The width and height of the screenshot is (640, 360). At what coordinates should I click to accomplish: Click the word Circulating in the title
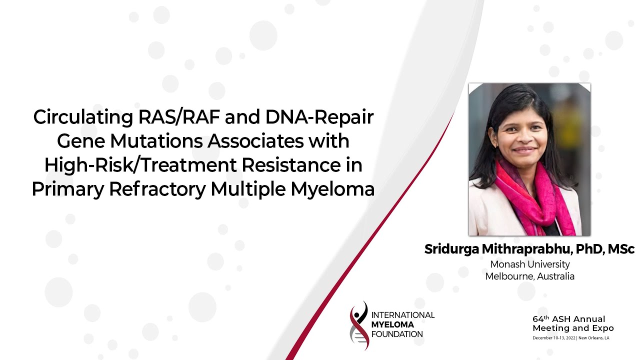[x=83, y=117]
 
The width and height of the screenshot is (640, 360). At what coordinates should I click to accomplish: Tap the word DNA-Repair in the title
[x=319, y=117]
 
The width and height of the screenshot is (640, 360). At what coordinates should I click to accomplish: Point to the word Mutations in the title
[x=156, y=141]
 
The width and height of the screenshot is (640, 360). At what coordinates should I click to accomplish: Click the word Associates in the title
[x=255, y=141]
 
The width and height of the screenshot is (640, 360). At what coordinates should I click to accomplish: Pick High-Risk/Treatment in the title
[x=140, y=165]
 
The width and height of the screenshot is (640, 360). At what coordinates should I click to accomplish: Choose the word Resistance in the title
[x=291, y=165]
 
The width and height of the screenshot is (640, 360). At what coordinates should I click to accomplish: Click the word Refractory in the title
[x=157, y=189]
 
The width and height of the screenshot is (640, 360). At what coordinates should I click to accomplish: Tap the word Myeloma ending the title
[x=332, y=189]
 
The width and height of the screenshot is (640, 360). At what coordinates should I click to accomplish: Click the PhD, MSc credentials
[x=605, y=249]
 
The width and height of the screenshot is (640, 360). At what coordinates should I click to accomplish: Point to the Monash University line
[x=530, y=264]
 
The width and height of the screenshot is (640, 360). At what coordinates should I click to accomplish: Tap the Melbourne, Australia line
[x=529, y=276]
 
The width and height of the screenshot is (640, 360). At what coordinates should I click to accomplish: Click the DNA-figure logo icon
[x=359, y=325]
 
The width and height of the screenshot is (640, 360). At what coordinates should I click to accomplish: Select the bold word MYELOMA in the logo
[x=392, y=324]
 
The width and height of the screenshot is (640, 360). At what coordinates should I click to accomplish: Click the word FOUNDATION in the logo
[x=397, y=334]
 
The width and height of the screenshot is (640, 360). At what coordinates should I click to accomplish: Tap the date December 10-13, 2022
[x=554, y=338]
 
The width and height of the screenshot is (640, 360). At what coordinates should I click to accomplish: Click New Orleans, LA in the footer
[x=593, y=338]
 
